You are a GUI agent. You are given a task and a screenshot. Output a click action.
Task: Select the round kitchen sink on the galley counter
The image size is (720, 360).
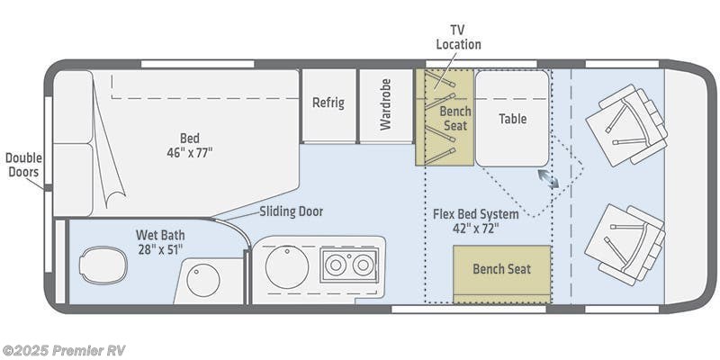pos(287,266)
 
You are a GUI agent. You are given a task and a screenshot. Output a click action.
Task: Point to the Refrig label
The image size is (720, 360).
pos(328,103)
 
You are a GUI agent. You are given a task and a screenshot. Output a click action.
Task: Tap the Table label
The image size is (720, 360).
pos(512,119)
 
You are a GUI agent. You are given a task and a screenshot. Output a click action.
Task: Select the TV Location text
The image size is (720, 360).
pos(458,37)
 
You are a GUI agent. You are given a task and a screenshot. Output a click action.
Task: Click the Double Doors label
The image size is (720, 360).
pos(23,165)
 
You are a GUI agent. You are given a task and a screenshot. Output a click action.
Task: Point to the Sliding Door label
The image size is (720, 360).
pos(291,211)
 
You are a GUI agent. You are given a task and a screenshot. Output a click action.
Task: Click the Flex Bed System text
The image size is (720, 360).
pos(475,214)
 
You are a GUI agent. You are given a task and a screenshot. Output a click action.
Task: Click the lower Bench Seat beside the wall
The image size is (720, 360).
pos(501,269)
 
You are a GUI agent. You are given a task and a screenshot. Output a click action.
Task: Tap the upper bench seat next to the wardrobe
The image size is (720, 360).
pos(445,118)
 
